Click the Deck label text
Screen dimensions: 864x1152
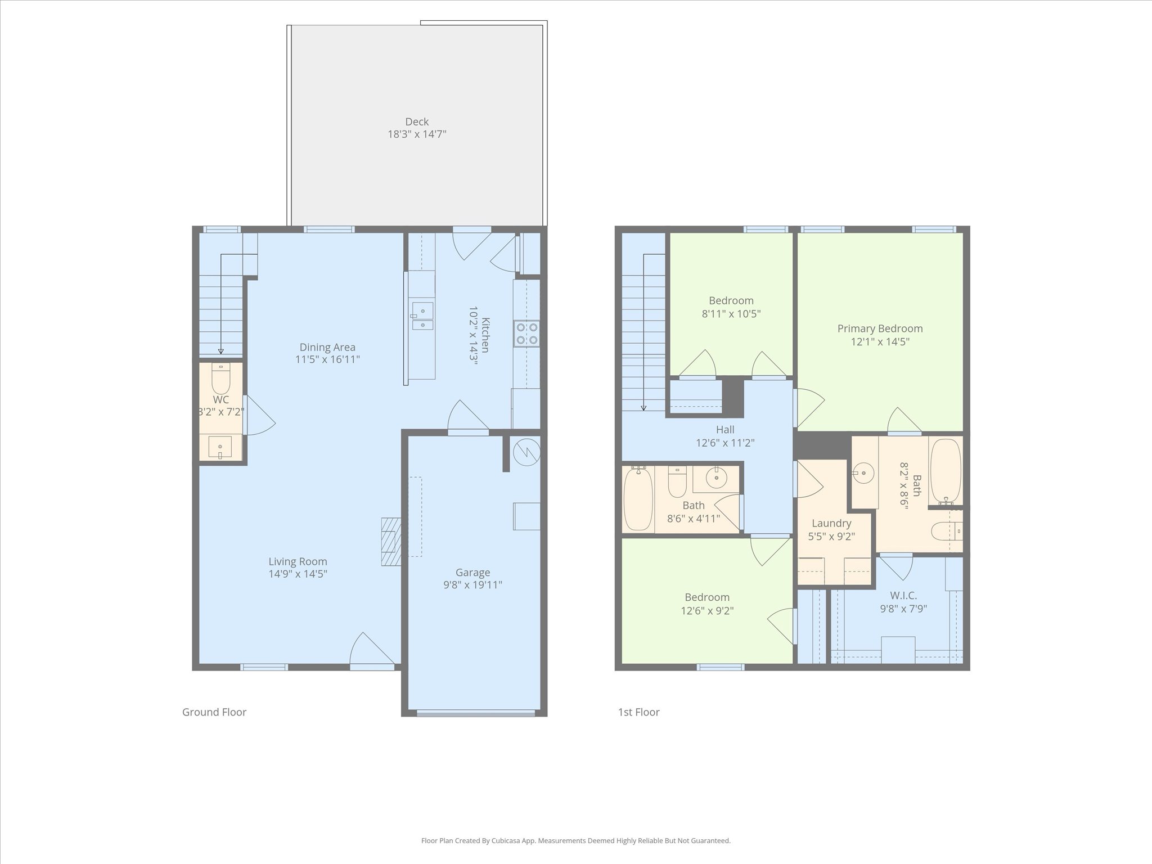click(416, 121)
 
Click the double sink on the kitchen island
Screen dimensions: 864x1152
click(422, 316)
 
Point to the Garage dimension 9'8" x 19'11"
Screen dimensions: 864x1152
click(472, 584)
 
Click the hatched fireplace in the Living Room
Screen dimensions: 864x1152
click(391, 541)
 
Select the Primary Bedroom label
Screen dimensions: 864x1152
click(880, 328)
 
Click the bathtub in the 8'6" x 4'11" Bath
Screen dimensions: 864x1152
click(638, 498)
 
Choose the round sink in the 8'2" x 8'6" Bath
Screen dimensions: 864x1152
click(863, 474)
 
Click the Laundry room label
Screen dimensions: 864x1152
click(831, 523)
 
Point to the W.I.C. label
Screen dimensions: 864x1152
click(903, 595)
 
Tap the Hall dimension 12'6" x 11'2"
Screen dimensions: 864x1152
click(725, 443)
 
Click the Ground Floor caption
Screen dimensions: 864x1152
click(214, 712)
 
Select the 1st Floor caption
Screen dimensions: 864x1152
click(638, 712)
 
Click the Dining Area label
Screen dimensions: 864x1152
click(327, 347)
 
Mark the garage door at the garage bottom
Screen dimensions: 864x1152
click(476, 714)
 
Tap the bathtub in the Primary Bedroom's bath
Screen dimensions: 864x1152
click(946, 470)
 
